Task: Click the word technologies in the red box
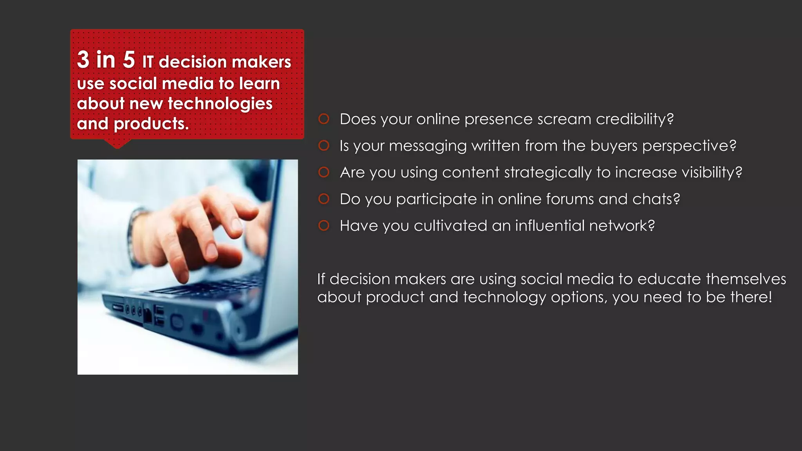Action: pos(220,104)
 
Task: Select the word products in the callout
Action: pos(151,124)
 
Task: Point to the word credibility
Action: pos(634,119)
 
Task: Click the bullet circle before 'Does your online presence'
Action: pos(324,119)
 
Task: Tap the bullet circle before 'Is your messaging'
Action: pos(324,146)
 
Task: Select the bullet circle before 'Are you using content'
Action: pos(324,172)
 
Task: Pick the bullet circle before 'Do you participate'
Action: pos(324,199)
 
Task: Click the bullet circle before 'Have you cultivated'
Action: pos(324,225)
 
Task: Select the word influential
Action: pos(549,225)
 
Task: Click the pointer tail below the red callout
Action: pos(117,144)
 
